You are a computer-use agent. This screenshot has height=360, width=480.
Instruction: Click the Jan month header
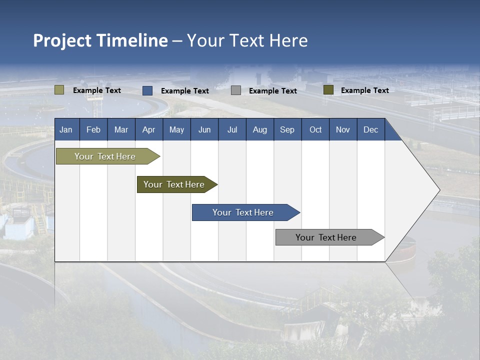tap(66, 130)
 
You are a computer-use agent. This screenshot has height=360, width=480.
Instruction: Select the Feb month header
tap(93, 130)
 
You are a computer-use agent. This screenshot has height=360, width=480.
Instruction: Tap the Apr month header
tap(148, 130)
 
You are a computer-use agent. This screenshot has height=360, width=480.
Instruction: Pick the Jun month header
tap(204, 130)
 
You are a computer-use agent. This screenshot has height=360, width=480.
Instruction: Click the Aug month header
tap(259, 130)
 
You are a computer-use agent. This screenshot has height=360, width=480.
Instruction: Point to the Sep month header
tap(287, 130)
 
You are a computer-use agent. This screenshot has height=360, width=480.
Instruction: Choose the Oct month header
tap(315, 130)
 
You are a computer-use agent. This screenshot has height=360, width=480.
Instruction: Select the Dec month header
tap(370, 130)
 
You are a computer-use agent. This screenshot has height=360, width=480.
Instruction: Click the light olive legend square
tap(59, 90)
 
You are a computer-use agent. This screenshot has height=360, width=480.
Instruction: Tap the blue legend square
tap(147, 90)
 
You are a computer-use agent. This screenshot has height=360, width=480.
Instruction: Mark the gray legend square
tap(236, 90)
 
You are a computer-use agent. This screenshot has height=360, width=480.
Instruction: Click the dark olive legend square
tap(328, 90)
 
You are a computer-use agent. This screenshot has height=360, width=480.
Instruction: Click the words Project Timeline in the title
tap(100, 40)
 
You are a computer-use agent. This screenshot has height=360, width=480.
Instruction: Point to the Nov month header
tap(342, 130)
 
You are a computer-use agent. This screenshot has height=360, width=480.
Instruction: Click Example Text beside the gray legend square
tap(272, 91)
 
